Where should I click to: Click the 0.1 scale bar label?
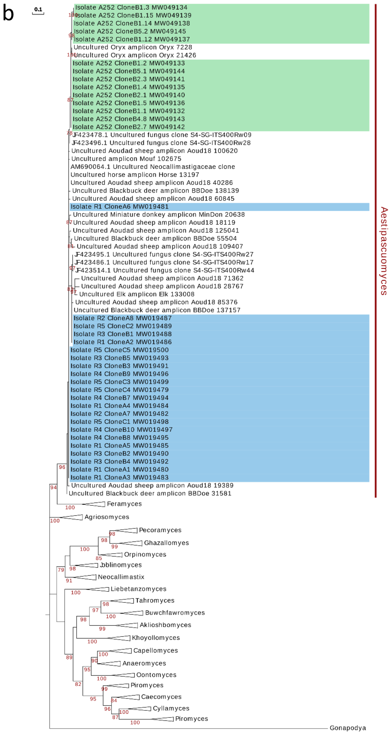[x=38, y=9]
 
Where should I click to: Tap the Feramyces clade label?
[x=124, y=504]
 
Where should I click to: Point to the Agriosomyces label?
[x=107, y=517]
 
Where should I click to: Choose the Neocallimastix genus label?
[x=121, y=577]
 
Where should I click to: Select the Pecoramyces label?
[x=160, y=530]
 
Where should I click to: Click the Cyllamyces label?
[x=171, y=708]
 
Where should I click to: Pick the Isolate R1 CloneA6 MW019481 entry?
[x=120, y=207]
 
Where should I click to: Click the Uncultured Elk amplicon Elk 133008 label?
[x=137, y=294]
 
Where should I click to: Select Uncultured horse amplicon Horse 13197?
[x=135, y=175]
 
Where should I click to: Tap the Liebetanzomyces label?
[x=138, y=589]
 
